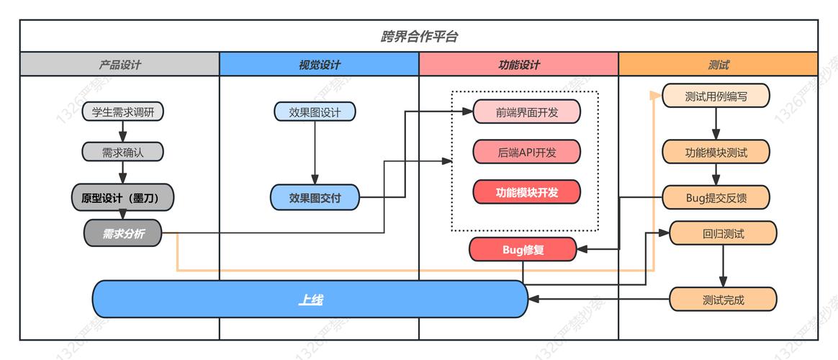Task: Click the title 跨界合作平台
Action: coord(418,37)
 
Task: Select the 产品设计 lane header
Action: coord(120,65)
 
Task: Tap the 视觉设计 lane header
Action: coord(319,65)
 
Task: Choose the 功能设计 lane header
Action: coord(518,65)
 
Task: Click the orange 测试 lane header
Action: coord(718,65)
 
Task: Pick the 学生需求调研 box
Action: coord(123,112)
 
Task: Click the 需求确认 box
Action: coord(123,152)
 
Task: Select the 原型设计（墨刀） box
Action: coord(123,197)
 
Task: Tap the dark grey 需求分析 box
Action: coord(122,233)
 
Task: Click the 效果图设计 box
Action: coord(315,112)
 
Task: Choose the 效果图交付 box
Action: coord(315,197)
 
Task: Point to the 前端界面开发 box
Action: coord(526,112)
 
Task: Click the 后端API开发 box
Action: coord(526,152)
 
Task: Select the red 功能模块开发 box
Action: coord(526,192)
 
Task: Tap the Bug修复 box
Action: coord(523,249)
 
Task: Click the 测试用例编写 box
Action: coord(716,96)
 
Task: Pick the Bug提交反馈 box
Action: coord(716,197)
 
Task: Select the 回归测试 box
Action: coord(723,233)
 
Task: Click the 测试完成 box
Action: coord(723,300)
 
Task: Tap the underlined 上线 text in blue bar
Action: coord(310,300)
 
